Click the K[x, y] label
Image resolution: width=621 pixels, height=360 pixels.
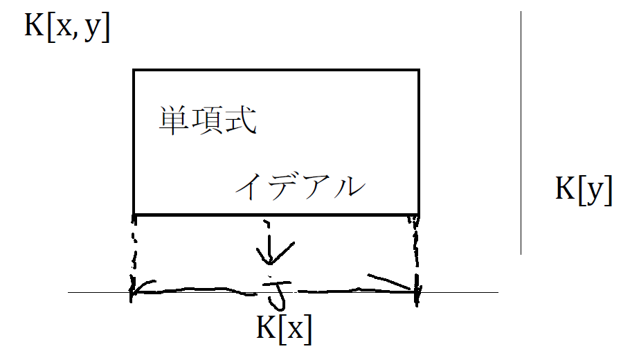click(67, 28)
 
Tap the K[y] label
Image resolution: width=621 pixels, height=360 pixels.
click(584, 190)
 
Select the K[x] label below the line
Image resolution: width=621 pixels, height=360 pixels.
click(284, 328)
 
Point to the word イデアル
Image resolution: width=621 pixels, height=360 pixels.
click(299, 186)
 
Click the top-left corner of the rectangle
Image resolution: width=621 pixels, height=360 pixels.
click(134, 70)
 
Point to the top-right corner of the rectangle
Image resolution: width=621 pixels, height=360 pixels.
click(418, 70)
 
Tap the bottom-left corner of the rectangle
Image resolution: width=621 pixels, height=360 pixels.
click(134, 214)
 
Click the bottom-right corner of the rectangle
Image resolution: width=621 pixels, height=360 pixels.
click(418, 214)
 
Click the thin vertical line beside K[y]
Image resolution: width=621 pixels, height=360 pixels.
click(521, 132)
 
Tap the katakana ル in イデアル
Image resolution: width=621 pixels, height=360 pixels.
click(349, 186)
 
